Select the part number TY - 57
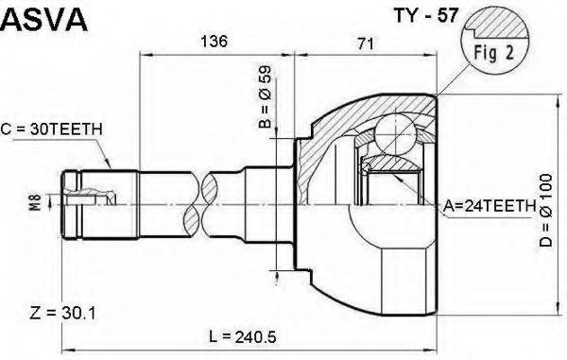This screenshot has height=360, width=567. click(427, 15)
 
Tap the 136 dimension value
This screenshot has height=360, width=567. click(215, 42)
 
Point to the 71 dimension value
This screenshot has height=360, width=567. click(366, 43)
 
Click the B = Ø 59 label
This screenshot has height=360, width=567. click(265, 96)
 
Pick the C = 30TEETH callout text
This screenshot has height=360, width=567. click(51, 129)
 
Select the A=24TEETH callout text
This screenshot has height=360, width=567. click(490, 206)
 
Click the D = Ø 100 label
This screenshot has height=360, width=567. click(546, 210)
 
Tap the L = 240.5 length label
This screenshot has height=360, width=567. click(243, 337)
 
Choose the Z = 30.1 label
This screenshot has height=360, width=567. click(63, 313)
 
